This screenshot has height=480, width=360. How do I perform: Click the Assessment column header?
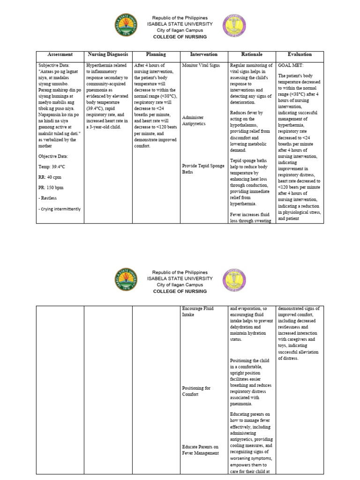click(x=60, y=54)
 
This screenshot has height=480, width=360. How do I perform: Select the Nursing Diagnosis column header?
click(x=108, y=54)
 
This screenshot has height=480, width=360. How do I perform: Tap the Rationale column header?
click(x=252, y=54)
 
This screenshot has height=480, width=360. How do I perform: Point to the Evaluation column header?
click(x=300, y=54)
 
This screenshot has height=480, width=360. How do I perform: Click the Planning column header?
click(x=156, y=54)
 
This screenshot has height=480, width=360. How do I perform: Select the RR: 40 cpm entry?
click(x=50, y=177)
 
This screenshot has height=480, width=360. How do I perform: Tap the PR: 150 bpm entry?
click(x=51, y=187)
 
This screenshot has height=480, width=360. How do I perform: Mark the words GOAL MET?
click(x=291, y=66)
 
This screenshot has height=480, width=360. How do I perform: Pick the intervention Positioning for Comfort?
click(x=196, y=391)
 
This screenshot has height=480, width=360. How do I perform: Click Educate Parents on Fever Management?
click(x=200, y=450)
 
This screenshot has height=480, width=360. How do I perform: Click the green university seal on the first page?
click(x=126, y=27)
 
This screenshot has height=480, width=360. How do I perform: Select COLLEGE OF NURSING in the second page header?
click(x=180, y=291)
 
